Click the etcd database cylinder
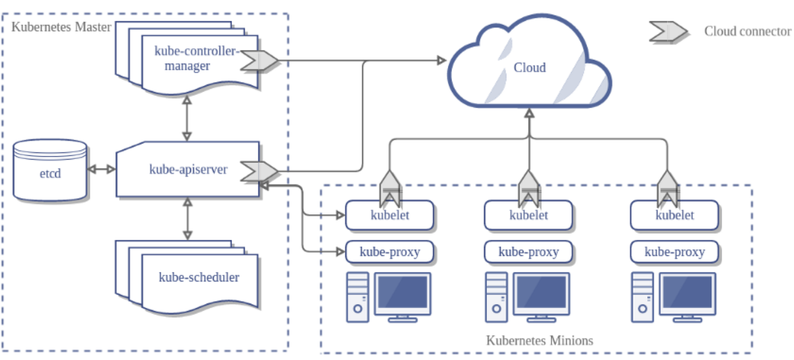coord(50,170)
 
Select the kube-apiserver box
coord(188,169)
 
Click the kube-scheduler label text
coord(199,277)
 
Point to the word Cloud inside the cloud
coord(529,67)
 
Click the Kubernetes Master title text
coord(61,27)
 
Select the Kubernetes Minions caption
coord(539,340)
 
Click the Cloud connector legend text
coord(748,31)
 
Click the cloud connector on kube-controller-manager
coord(259,60)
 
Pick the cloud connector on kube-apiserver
coord(259,171)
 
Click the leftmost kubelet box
coord(390,215)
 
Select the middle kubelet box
coord(529,215)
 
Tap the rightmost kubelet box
coord(674,215)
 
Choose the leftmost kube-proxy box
coord(390,252)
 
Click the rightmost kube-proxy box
coord(674,252)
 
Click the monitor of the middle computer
coord(541,297)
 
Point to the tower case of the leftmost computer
coord(357,297)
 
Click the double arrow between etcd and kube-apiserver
coord(102,169)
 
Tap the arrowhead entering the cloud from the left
coord(442,60)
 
